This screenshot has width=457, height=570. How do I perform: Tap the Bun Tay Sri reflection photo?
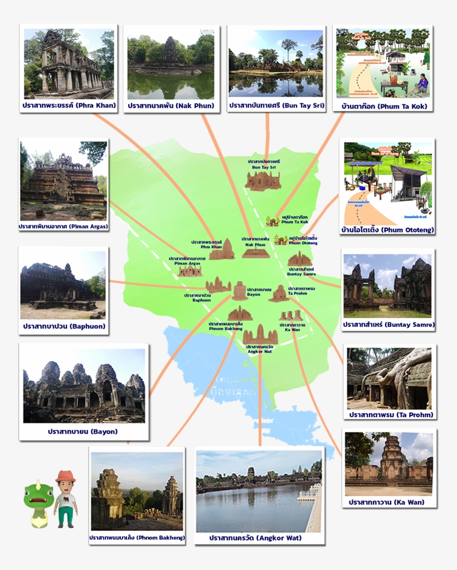[275, 62]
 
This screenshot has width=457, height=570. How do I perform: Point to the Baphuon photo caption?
[64, 326]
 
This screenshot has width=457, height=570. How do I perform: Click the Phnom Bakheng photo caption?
[137, 538]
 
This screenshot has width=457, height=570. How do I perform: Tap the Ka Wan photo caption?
[387, 502]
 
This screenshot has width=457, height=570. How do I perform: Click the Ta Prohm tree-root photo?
[389, 378]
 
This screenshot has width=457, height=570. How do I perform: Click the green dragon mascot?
[38, 499]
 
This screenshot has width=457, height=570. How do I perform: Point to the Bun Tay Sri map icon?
[263, 181]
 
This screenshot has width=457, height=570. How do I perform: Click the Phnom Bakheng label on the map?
[225, 326]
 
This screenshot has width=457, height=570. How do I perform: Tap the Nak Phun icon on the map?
[255, 253]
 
